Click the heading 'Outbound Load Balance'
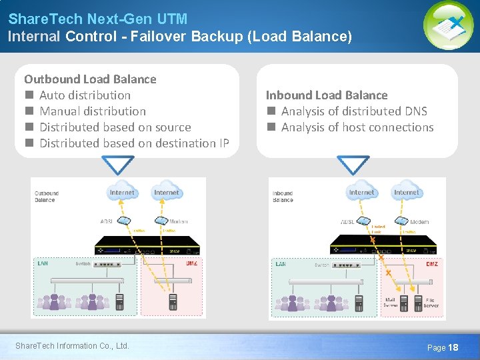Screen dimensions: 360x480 (90, 79)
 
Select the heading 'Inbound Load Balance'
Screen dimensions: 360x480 (327, 95)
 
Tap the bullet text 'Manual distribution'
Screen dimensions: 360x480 (93, 111)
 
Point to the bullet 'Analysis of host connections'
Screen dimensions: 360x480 (357, 127)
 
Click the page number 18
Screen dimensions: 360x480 (453, 347)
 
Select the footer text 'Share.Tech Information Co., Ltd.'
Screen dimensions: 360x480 (72, 345)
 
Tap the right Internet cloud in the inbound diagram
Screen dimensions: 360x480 (406, 192)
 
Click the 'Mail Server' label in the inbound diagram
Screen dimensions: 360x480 (391, 303)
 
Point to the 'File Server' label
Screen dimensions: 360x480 (431, 303)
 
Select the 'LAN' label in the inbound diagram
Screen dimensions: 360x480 (281, 264)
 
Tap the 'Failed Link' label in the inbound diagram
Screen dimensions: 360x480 (377, 229)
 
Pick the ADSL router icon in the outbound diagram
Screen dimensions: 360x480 (123, 221)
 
